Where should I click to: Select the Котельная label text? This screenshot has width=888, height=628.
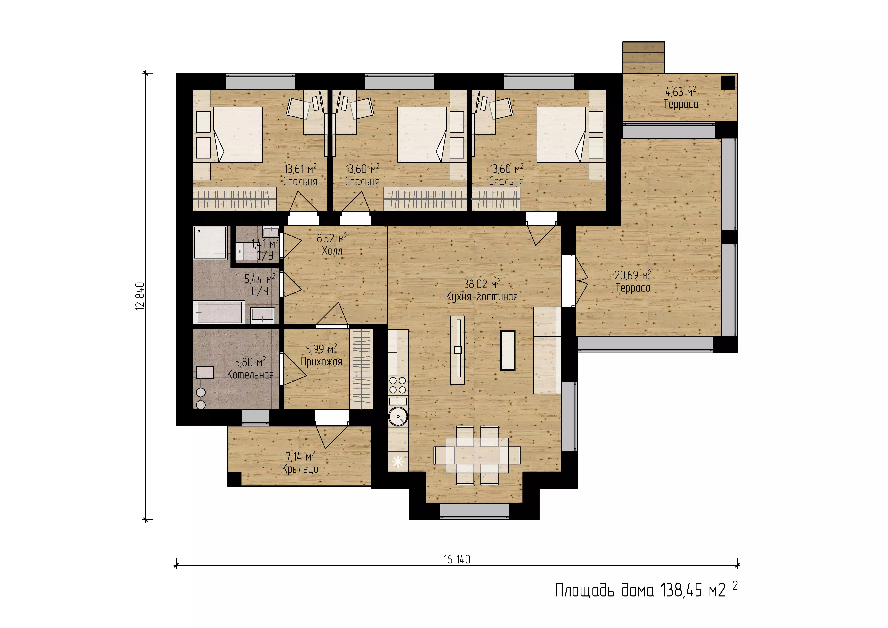[250, 375]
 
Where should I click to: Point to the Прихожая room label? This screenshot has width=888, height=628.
[321, 362]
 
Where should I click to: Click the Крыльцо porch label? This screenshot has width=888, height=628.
[300, 469]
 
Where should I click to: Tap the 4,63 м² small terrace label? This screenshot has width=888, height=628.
[681, 98]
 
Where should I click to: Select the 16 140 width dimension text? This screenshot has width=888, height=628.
[457, 560]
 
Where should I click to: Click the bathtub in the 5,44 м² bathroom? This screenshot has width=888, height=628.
[219, 312]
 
